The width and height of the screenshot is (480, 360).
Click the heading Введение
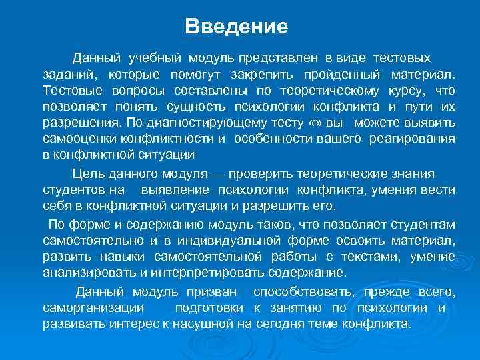pos(237,27)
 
